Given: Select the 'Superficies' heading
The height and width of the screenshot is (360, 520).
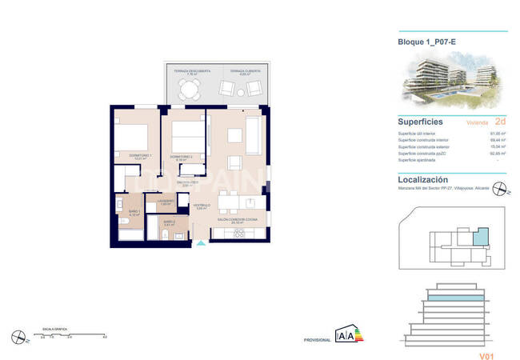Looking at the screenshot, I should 422,122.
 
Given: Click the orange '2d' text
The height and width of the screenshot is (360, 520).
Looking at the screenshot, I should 500,122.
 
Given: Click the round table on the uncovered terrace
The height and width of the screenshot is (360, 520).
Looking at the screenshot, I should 187,90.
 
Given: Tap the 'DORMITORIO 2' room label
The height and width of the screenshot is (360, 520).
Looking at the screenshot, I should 181,156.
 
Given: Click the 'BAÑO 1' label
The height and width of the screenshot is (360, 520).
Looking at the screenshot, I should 134,212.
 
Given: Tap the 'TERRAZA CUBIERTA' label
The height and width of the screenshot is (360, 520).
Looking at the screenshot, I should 245,71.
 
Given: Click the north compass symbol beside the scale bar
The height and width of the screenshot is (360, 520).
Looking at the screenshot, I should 17,336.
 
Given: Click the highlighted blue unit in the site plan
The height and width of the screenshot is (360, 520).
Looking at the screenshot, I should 480,235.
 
